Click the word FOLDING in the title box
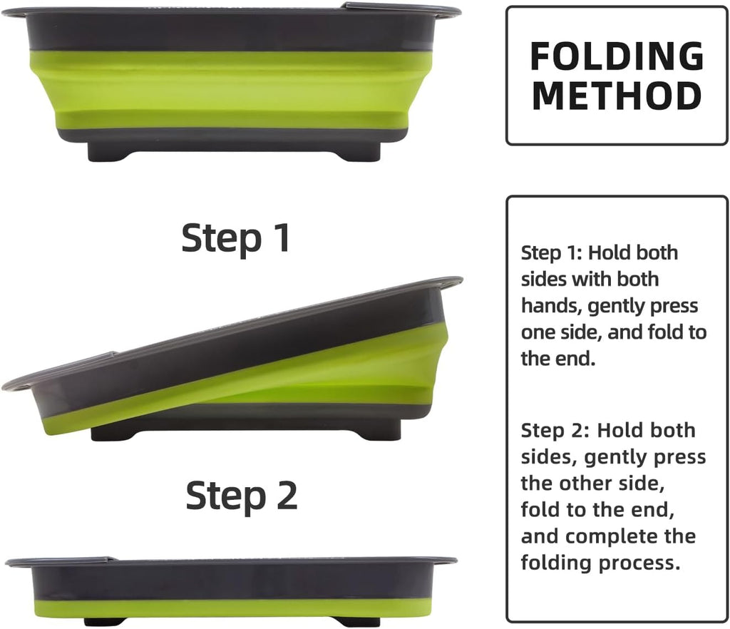[x=617, y=56]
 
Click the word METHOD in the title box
[x=617, y=96]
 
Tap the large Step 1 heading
[x=235, y=238]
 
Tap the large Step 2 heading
[x=241, y=496]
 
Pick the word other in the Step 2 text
[x=588, y=484]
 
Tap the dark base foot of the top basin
[x=234, y=151]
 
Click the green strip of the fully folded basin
[x=233, y=608]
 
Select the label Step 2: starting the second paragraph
[x=555, y=431]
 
